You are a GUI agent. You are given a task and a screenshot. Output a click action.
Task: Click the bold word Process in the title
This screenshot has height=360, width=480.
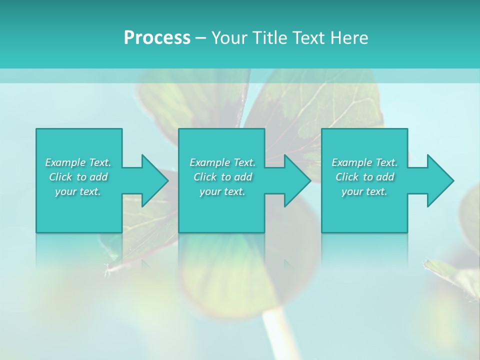(x=157, y=38)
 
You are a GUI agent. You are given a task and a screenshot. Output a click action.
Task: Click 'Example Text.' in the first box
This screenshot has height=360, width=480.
(x=78, y=162)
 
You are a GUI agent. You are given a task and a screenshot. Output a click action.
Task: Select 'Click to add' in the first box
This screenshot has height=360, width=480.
(x=78, y=177)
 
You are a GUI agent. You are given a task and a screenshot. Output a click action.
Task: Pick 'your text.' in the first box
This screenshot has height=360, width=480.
(x=78, y=191)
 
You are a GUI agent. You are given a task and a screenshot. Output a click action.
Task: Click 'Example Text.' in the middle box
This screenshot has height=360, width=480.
(x=222, y=162)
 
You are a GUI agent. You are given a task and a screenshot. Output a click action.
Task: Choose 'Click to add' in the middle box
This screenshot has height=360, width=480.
(x=222, y=177)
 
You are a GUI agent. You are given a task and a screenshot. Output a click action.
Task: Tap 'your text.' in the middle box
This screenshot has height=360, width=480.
(x=222, y=191)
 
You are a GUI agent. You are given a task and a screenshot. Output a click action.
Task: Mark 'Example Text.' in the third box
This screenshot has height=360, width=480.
(x=364, y=162)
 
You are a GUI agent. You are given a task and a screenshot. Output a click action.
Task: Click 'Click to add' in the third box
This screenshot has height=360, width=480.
(x=364, y=177)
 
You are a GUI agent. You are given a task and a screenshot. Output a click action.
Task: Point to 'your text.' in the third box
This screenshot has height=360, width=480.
(x=364, y=191)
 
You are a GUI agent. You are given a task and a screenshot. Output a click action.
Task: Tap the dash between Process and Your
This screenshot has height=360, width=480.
(x=200, y=38)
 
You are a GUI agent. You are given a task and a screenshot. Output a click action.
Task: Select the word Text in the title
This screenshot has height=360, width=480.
(x=309, y=38)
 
